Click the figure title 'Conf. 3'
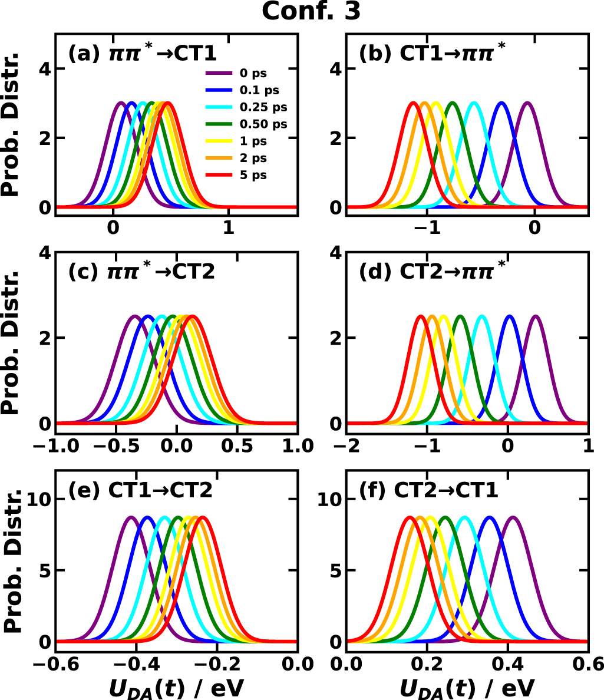coord(311,12)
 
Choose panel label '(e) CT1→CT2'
coord(140,491)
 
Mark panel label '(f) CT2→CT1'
coord(429,491)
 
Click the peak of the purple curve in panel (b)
coord(527,103)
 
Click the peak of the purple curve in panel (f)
coord(513,517)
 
